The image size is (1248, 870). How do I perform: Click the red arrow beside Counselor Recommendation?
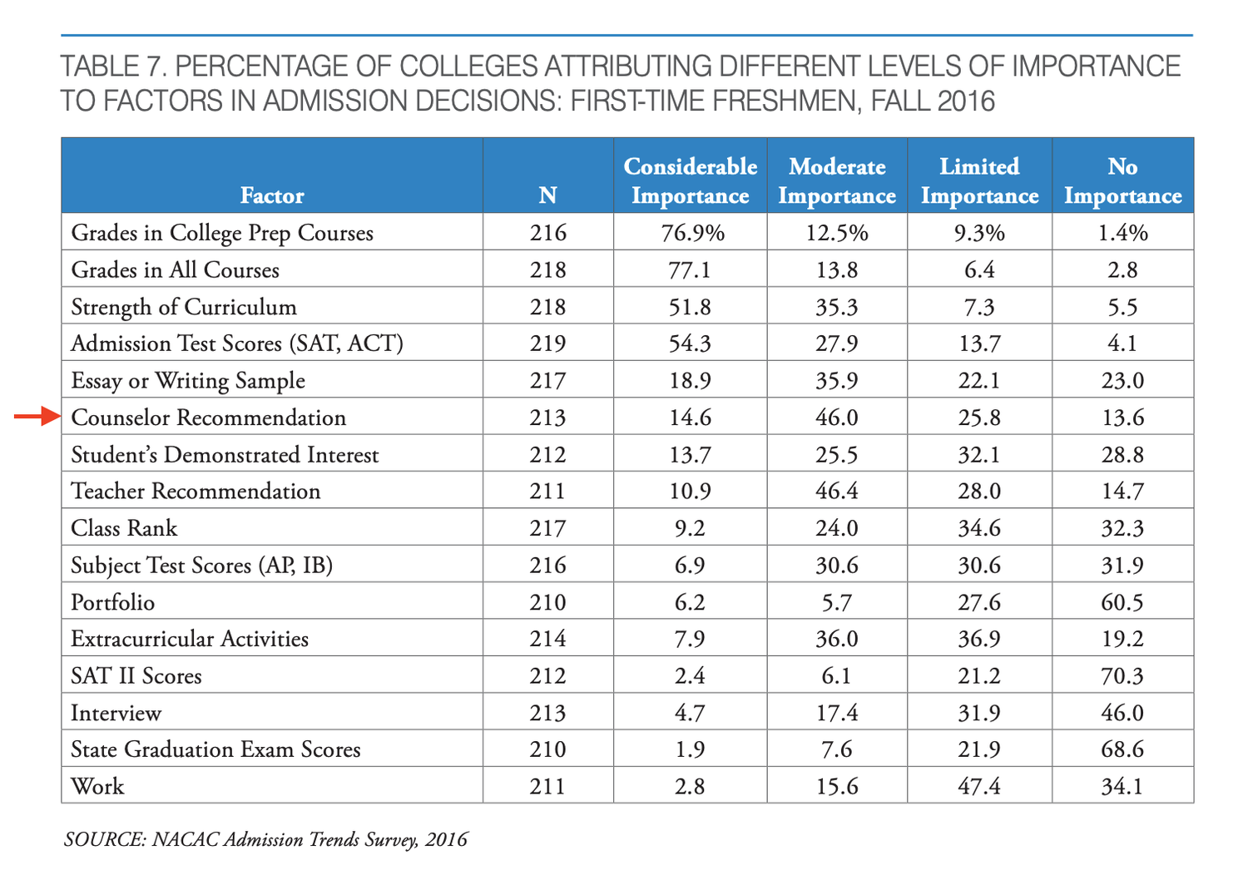pyautogui.click(x=37, y=416)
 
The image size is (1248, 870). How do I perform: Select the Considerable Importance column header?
pyautogui.click(x=691, y=181)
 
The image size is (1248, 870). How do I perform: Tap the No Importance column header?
pyautogui.click(x=1122, y=181)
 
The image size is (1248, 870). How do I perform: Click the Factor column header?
pyautogui.click(x=272, y=195)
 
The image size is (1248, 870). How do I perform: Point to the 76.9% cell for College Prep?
pyautogui.click(x=692, y=233)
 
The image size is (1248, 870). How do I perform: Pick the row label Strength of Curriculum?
pyautogui.click(x=184, y=307)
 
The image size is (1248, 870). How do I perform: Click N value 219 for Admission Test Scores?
pyautogui.click(x=547, y=344)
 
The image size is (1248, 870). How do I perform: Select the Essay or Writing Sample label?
pyautogui.click(x=188, y=380)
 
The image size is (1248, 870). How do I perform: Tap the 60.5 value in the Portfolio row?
pyautogui.click(x=1122, y=602)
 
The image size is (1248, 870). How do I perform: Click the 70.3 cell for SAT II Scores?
pyautogui.click(x=1122, y=675)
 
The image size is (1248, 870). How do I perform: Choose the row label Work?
pyautogui.click(x=97, y=786)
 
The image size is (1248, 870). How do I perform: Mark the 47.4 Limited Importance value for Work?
pyautogui.click(x=979, y=786)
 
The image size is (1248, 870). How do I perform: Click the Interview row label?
pyautogui.click(x=116, y=712)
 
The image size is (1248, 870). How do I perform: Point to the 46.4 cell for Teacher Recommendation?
pyautogui.click(x=837, y=491)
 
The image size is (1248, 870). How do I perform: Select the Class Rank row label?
pyautogui.click(x=124, y=527)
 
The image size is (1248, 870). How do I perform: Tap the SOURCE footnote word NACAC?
pyautogui.click(x=186, y=838)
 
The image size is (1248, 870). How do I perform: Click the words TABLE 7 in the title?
pyautogui.click(x=114, y=67)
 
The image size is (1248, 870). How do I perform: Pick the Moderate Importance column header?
pyautogui.click(x=837, y=181)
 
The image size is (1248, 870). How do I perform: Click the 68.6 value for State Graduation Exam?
pyautogui.click(x=1122, y=749)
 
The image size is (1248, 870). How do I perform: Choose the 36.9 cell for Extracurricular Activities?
pyautogui.click(x=979, y=638)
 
